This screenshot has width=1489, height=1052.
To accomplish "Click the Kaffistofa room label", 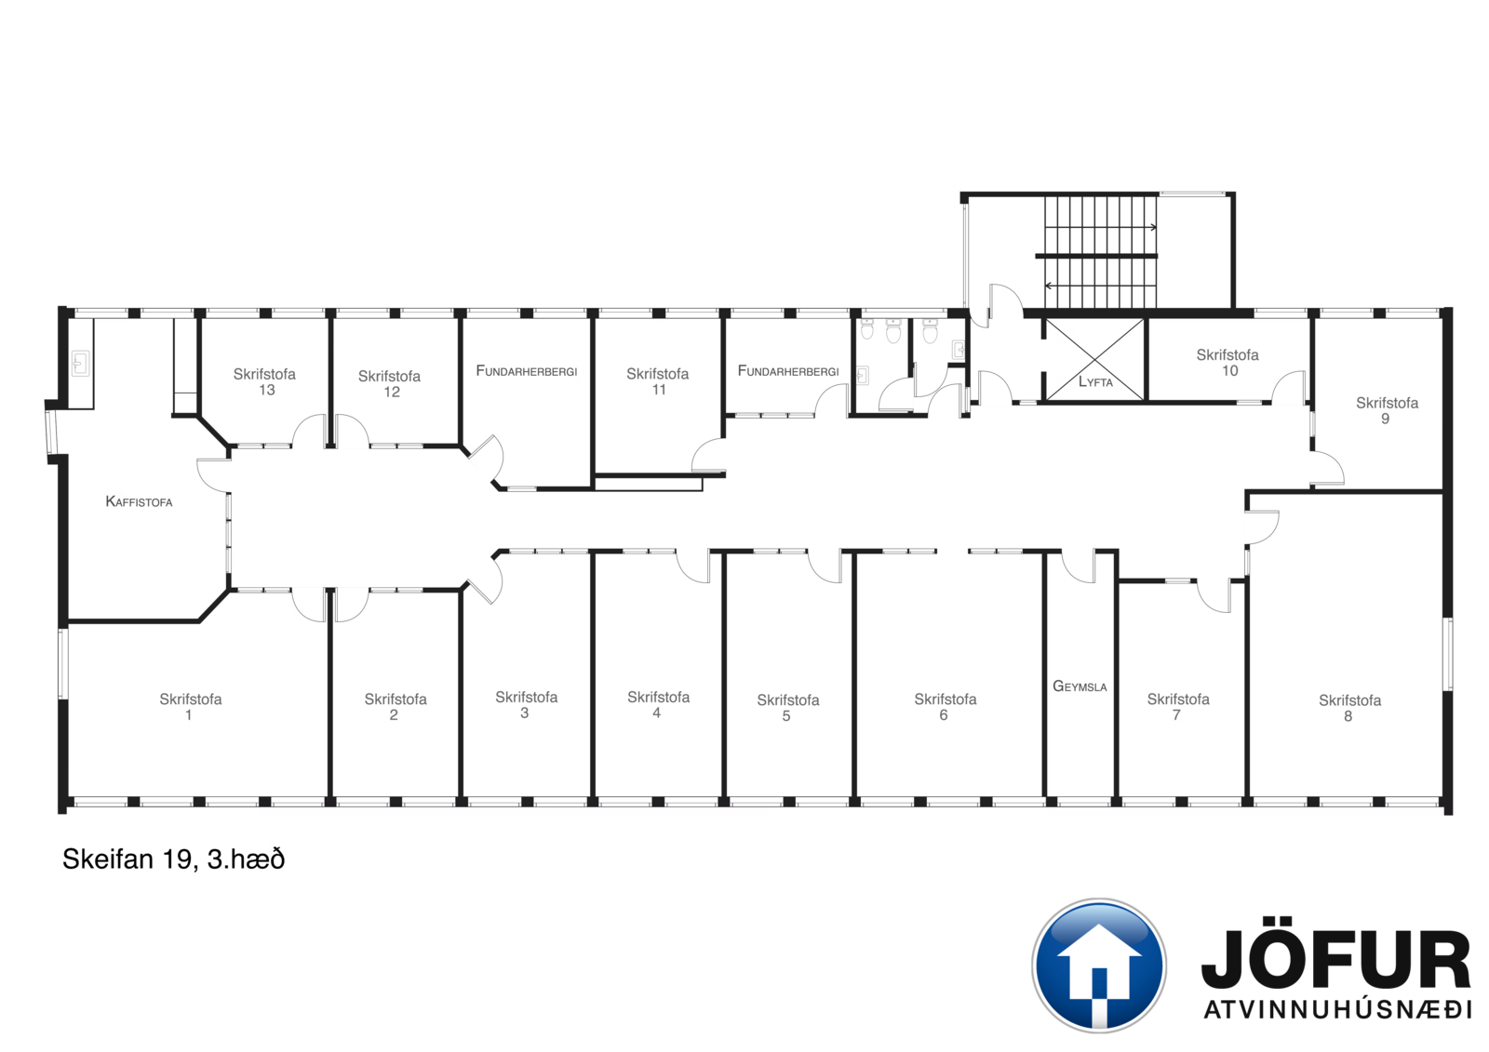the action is coord(139,501).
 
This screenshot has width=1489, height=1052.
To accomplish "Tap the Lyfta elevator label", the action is coord(1095,381).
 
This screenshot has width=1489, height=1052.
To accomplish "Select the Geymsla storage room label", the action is coord(1080,686).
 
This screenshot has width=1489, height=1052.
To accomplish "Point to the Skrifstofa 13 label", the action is coord(264,381).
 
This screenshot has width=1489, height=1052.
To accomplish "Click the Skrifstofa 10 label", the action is coord(1227,362).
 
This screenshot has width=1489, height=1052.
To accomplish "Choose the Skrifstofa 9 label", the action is coord(1388,410).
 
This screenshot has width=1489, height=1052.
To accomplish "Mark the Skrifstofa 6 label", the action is coord(946,706).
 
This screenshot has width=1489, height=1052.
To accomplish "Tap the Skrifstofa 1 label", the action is coord(191,706).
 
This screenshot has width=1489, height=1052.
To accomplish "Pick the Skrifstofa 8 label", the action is coord(1350,708).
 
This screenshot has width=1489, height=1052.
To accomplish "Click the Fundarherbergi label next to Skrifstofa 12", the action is coord(527,371).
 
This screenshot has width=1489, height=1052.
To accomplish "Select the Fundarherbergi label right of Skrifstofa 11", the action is coord(788,371).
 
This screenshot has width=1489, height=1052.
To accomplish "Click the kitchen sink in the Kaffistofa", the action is coord(80,364).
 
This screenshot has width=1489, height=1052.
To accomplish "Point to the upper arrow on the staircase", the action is coord(1100,227).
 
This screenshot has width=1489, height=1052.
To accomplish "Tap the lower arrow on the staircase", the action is coord(1100,286).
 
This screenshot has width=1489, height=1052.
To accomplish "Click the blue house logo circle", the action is coord(1099,965).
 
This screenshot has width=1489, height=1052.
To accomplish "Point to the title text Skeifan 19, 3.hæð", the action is coord(173,859).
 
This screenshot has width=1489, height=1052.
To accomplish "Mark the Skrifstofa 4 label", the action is coord(659,704).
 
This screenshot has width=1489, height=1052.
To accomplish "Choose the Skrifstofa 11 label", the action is coord(657,381).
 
